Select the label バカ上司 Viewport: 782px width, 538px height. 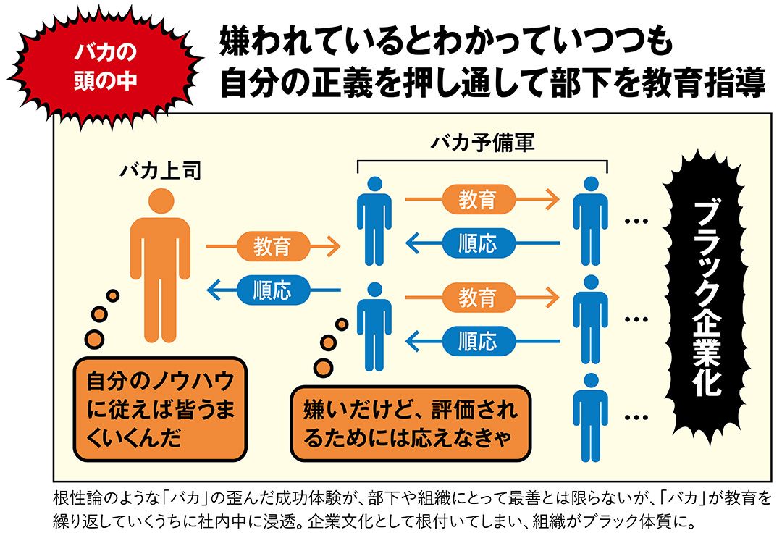[160, 172]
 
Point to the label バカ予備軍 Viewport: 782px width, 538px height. [482, 143]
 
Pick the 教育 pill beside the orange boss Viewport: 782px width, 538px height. [272, 247]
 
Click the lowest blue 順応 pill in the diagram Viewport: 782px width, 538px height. [477, 340]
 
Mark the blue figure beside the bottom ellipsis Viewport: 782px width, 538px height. [590, 416]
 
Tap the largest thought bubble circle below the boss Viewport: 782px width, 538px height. [95, 338]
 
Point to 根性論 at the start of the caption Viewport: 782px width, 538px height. [75, 500]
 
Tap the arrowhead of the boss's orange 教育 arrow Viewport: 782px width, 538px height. [334, 247]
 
